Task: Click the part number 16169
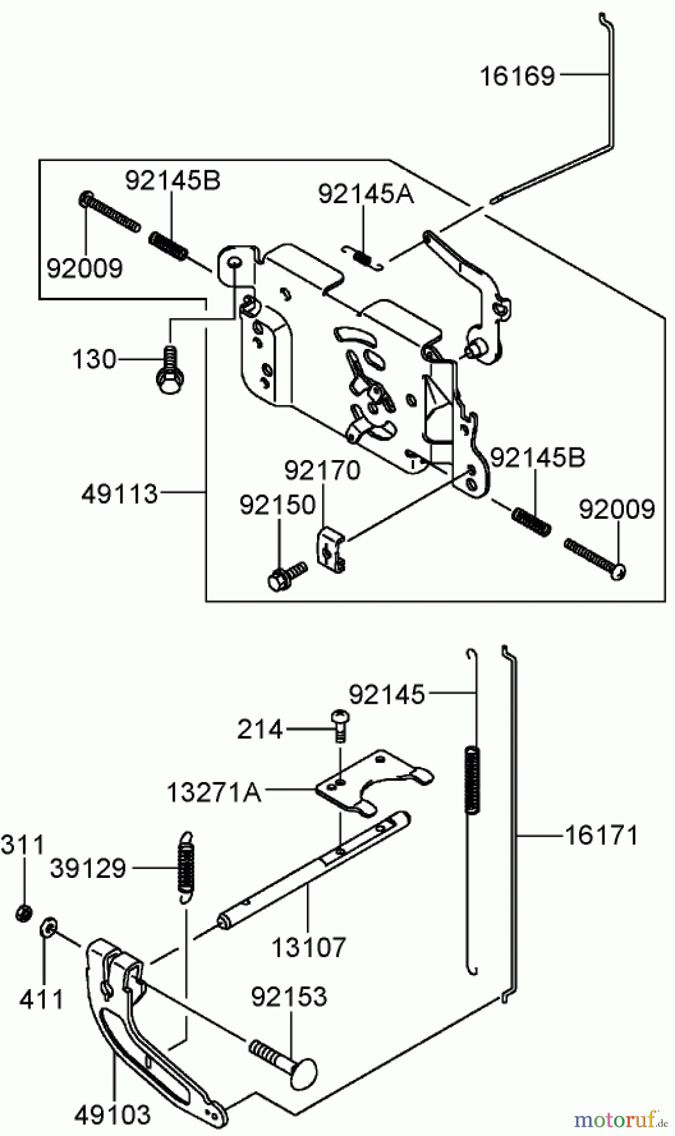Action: click(x=517, y=76)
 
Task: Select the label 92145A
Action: click(x=366, y=194)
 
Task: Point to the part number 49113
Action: click(x=119, y=494)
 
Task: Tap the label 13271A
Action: click(x=214, y=791)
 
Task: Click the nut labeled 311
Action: click(x=24, y=913)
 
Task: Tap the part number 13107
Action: click(x=309, y=947)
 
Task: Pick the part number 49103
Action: click(x=112, y=1115)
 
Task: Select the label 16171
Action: click(x=600, y=836)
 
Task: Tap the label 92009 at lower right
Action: click(x=616, y=509)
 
